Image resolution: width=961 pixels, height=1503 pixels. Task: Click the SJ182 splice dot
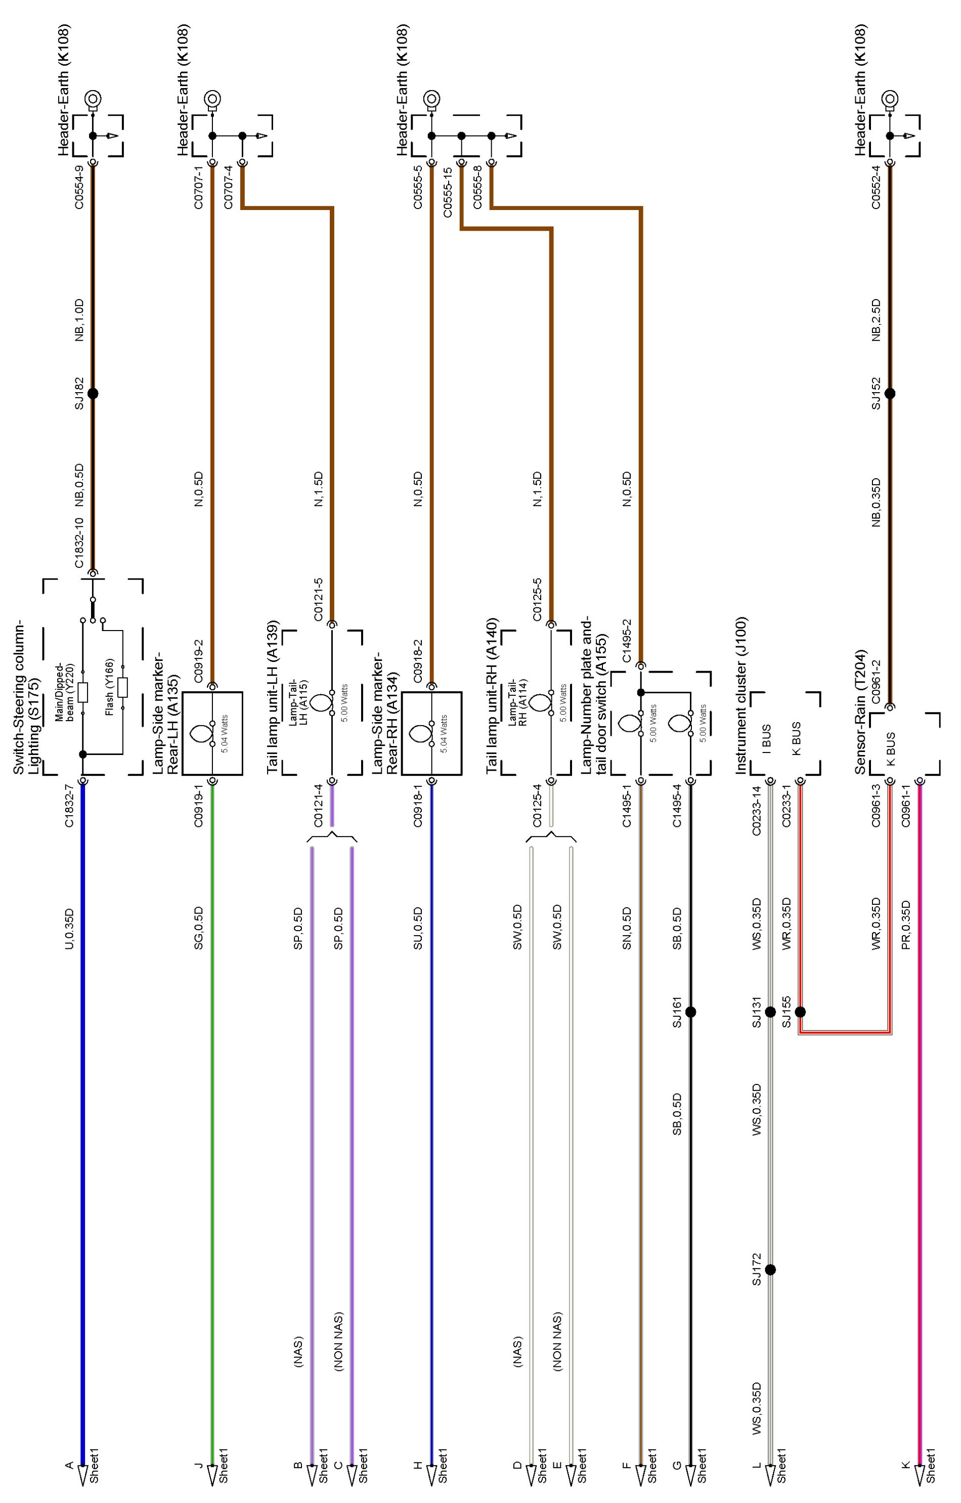[x=93, y=394]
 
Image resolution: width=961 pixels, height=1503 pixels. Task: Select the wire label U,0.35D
[x=70, y=928]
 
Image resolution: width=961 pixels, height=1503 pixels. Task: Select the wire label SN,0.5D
[x=627, y=928]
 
